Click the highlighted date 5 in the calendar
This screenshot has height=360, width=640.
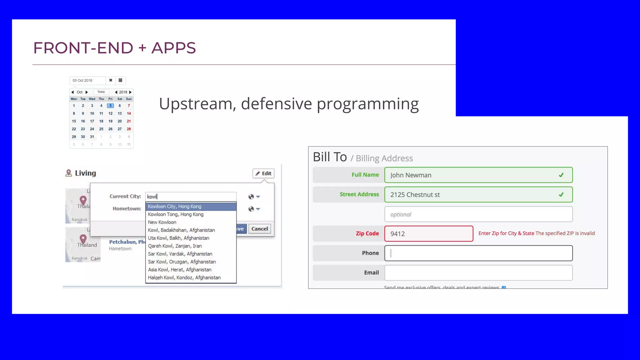pyautogui.click(x=110, y=106)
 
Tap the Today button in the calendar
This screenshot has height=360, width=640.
pyautogui.click(x=101, y=92)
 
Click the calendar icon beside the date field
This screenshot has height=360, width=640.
pyautogui.click(x=120, y=80)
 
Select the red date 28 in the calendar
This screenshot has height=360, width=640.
pyautogui.click(x=129, y=129)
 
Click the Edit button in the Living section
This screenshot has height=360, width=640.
pyautogui.click(x=263, y=173)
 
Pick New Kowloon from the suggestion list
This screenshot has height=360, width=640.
pyautogui.click(x=162, y=222)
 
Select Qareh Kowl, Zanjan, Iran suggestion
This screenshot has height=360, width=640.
pyautogui.click(x=175, y=246)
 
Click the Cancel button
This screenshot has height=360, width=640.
pyautogui.click(x=260, y=229)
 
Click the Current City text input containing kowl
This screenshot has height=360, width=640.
pyautogui.click(x=191, y=197)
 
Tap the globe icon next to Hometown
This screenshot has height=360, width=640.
pyautogui.click(x=251, y=209)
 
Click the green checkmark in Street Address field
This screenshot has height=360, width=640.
pyautogui.click(x=561, y=195)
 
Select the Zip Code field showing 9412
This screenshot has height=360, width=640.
pyautogui.click(x=429, y=234)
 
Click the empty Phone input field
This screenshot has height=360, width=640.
pyautogui.click(x=478, y=253)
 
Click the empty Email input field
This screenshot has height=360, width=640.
pyautogui.click(x=478, y=273)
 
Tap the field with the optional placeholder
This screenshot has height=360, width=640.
pyautogui.click(x=478, y=214)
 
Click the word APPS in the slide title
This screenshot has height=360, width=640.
pyautogui.click(x=174, y=48)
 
